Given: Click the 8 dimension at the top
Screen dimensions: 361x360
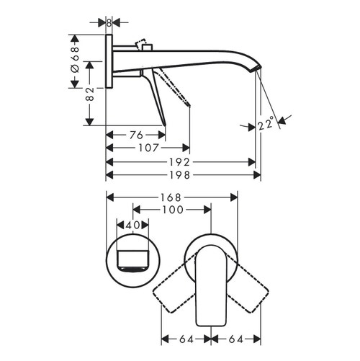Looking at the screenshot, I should pyautogui.click(x=109, y=22).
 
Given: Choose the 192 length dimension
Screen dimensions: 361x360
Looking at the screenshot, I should pyautogui.click(x=181, y=162).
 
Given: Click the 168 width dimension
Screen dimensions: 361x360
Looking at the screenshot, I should pyautogui.click(x=171, y=197).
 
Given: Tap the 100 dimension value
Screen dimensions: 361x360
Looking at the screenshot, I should pyautogui.click(x=172, y=210).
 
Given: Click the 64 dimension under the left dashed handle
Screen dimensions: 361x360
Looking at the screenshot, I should pyautogui.click(x=185, y=337).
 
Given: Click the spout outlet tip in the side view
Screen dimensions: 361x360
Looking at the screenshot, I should pyautogui.click(x=254, y=70).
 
